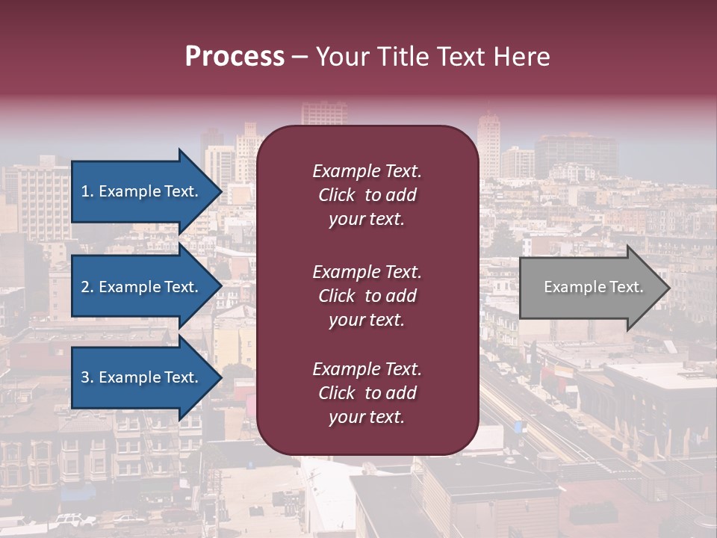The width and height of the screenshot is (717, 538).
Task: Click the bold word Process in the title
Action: point(235,57)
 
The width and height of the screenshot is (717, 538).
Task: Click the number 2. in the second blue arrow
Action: point(87,287)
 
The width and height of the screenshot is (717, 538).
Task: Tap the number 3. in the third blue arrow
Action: point(87,378)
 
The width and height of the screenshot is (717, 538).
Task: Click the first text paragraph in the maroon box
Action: point(367,195)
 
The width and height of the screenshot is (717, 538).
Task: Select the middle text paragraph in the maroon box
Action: point(367,296)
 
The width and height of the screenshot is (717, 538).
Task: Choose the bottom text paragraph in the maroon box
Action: point(367,393)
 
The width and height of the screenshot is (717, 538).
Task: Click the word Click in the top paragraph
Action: point(337,195)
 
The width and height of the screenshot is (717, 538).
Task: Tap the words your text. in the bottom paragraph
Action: point(367,418)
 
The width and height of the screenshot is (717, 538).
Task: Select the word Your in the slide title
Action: point(341,57)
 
